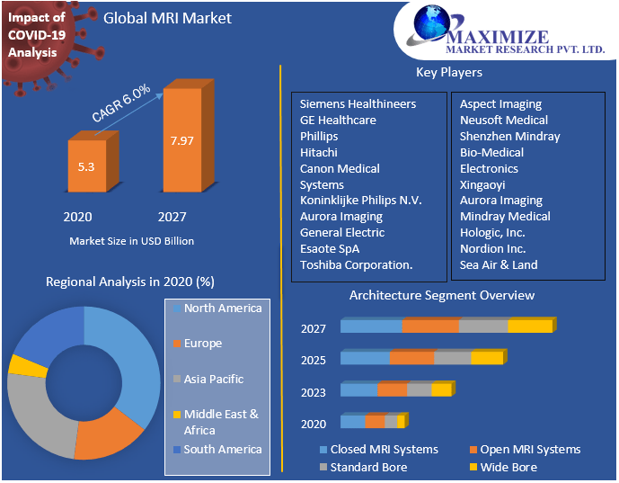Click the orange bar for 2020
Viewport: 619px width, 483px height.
(x=87, y=166)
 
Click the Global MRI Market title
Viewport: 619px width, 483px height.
(x=167, y=18)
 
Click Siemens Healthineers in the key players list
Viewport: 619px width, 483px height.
(x=358, y=104)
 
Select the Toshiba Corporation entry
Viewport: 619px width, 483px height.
(x=356, y=265)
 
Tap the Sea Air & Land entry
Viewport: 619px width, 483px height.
(x=499, y=265)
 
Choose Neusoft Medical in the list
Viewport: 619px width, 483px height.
(x=504, y=121)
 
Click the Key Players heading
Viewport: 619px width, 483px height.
(x=448, y=73)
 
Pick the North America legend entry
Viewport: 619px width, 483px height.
(x=222, y=309)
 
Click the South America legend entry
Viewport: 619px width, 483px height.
(x=222, y=450)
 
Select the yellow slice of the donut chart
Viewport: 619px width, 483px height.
(x=28, y=365)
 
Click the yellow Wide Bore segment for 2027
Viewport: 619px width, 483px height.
(x=530, y=326)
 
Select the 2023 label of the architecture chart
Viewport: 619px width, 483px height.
(x=314, y=392)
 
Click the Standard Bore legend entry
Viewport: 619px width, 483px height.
(x=368, y=468)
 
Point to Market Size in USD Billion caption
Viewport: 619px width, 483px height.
(x=131, y=241)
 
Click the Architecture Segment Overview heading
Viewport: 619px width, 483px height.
(x=441, y=296)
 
